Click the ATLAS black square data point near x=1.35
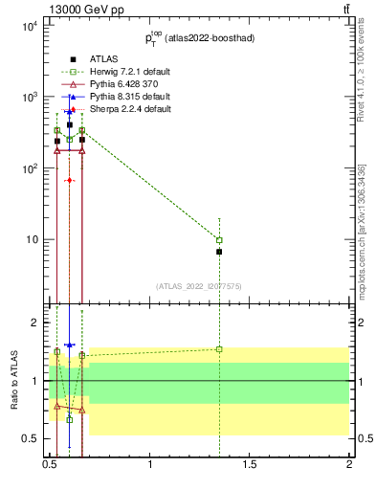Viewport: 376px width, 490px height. (219, 252)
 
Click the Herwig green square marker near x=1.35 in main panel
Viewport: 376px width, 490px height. (219, 240)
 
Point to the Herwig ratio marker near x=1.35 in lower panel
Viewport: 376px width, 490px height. (219, 349)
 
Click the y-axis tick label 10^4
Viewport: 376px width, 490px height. (28, 26)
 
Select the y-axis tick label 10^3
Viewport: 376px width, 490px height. (28, 98)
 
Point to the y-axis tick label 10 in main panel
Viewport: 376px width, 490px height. (32, 239)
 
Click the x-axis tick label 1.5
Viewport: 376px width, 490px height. (250, 468)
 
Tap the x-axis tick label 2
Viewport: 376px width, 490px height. (349, 468)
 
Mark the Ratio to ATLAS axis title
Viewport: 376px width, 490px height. (12, 381)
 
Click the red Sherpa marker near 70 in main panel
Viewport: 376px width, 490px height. (70, 180)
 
